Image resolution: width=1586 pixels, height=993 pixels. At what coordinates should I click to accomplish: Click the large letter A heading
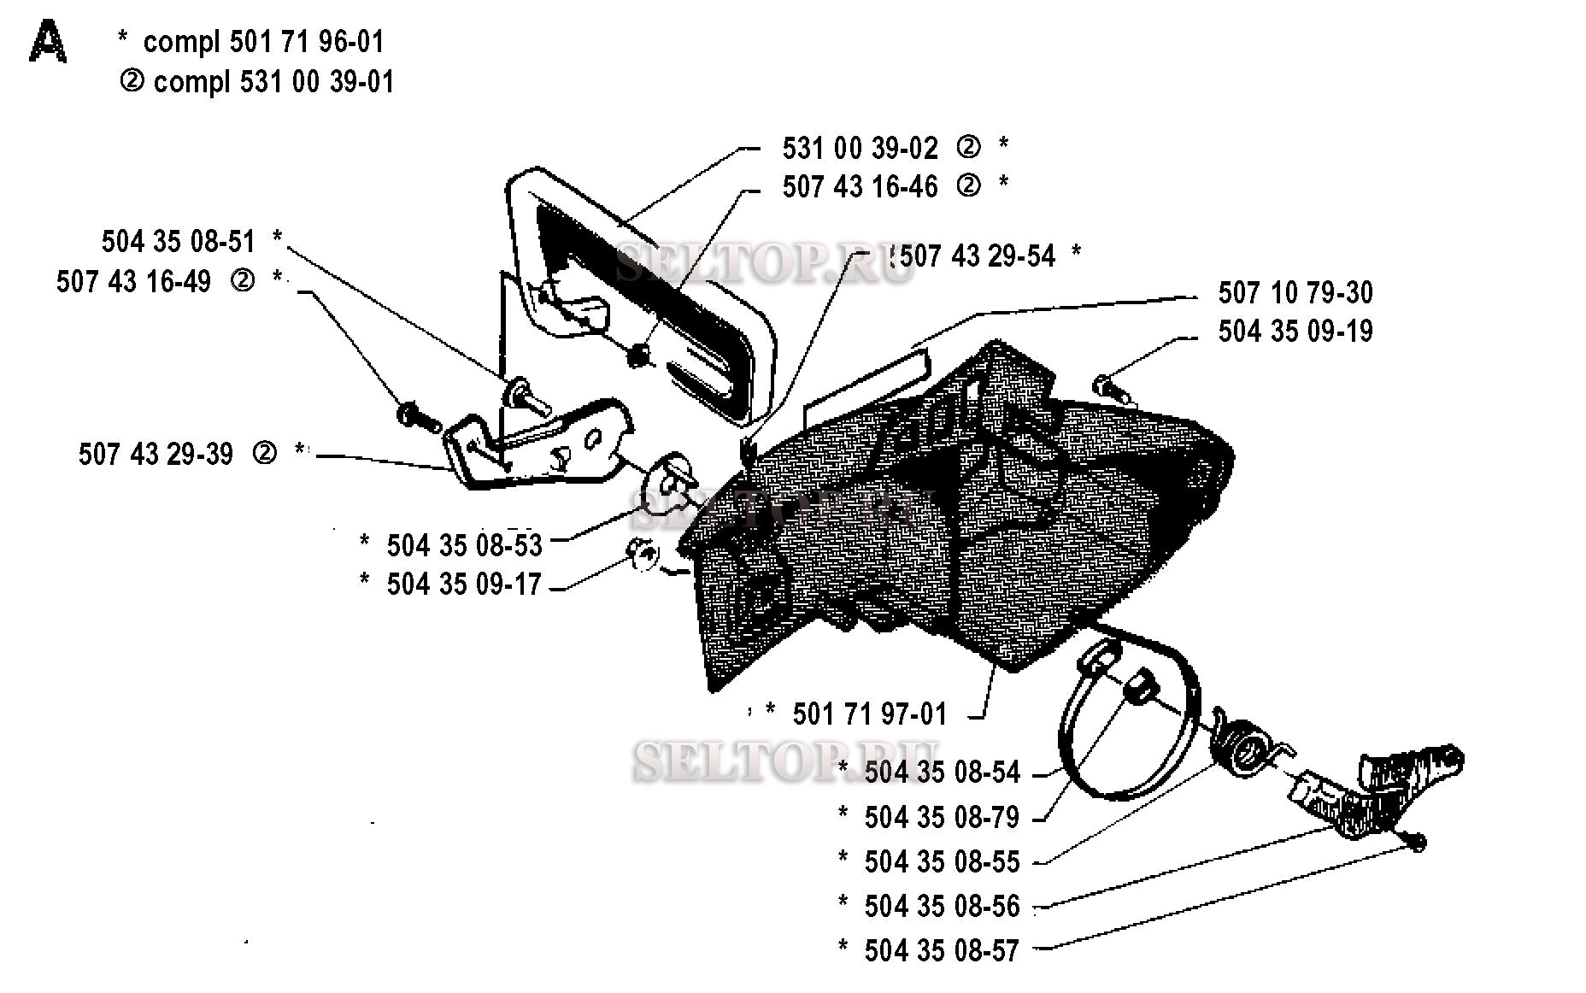(48, 43)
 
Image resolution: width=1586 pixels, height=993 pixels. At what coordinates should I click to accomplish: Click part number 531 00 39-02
(860, 148)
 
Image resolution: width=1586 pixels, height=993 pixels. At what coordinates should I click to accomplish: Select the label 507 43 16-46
(860, 186)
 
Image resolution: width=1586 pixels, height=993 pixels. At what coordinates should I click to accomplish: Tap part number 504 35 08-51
(179, 241)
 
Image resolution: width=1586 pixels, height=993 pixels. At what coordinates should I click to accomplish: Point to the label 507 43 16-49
(133, 281)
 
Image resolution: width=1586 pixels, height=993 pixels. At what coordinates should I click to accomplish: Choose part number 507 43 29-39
(156, 454)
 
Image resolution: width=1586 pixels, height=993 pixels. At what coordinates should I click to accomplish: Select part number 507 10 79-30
(1295, 292)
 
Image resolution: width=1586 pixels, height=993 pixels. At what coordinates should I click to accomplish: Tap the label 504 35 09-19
(1295, 331)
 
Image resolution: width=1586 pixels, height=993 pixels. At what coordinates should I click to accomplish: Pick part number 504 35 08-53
(464, 544)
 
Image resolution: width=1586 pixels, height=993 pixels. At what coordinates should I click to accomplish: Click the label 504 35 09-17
(464, 584)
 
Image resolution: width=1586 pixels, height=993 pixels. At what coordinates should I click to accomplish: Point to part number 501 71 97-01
(870, 714)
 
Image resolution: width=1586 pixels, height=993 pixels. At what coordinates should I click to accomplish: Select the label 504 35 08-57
(942, 950)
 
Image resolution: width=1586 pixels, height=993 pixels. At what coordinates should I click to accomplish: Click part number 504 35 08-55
(942, 861)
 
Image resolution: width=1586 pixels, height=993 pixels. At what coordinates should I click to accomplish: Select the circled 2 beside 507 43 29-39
(265, 453)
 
